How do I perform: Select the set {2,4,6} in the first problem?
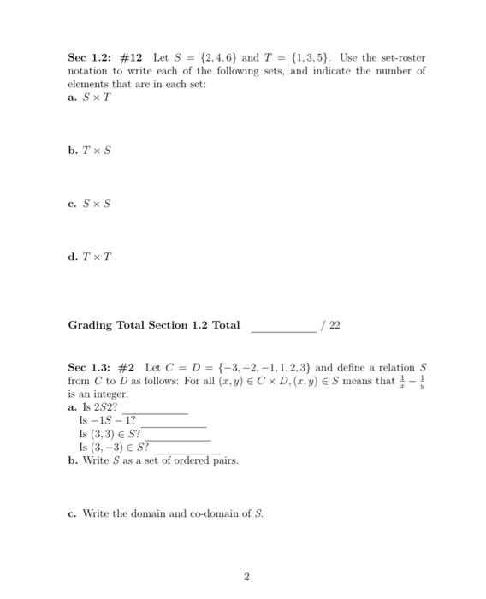[221, 58]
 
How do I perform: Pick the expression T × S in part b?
[97, 150]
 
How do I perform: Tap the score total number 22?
[335, 325]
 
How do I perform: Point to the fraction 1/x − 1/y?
[412, 381]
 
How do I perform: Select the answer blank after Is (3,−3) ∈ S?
[184, 449]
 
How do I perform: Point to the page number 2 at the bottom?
[246, 578]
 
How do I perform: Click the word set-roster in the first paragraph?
[400, 58]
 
